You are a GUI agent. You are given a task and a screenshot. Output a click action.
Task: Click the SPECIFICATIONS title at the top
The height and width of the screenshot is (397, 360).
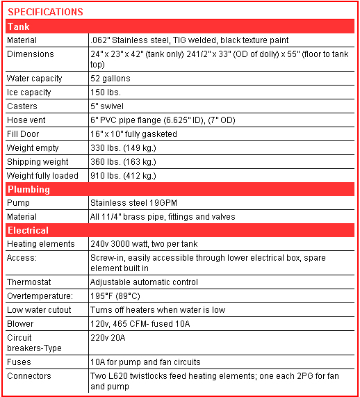(x=46, y=12)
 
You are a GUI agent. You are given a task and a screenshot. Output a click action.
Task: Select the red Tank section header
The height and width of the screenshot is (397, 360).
(x=18, y=26)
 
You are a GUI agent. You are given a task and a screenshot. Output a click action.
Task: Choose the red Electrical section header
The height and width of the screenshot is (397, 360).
(x=28, y=230)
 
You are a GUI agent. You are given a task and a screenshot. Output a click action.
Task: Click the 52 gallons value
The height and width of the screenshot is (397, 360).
(x=111, y=79)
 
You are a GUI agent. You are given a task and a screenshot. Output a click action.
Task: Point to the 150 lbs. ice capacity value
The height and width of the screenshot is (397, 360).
(x=105, y=92)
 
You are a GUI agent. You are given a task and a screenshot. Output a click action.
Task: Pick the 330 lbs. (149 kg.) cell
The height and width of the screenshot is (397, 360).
(x=123, y=148)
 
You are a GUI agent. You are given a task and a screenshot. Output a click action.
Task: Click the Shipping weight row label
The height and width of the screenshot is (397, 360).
(x=33, y=162)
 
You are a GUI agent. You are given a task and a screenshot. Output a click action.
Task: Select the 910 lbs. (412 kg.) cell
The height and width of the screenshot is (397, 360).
(x=123, y=176)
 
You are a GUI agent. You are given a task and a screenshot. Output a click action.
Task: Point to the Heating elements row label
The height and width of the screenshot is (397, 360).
(x=40, y=244)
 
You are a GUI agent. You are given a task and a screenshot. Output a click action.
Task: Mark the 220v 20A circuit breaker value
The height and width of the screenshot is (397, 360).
(x=107, y=338)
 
